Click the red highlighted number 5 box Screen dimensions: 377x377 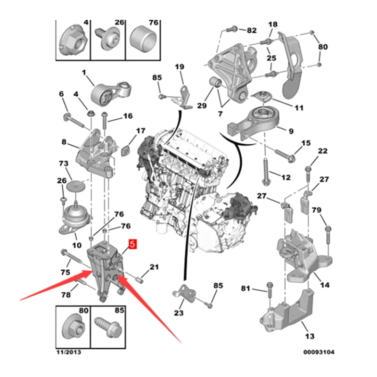click(x=132, y=245)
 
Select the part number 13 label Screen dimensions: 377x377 click(x=309, y=336)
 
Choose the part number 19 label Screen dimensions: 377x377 click(x=180, y=66)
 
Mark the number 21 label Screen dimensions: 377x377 click(x=155, y=268)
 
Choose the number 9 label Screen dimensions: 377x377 click(x=291, y=131)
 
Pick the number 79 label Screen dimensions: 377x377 click(x=317, y=210)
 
